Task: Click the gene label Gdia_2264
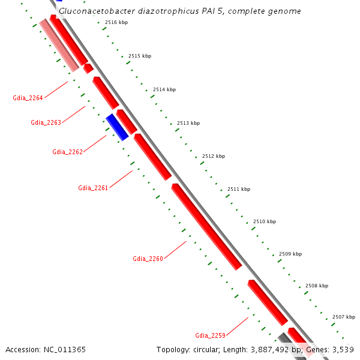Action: [x=28, y=98]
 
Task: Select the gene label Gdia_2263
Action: [x=46, y=122]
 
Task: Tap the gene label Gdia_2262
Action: [x=67, y=152]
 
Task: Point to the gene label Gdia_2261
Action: [x=93, y=188]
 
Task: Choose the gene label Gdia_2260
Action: [x=148, y=259]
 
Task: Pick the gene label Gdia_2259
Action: [x=210, y=335]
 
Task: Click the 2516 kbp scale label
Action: [x=116, y=22]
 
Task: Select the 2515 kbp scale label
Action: [x=140, y=56]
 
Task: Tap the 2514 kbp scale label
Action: [x=164, y=89]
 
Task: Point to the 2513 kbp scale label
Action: [x=188, y=123]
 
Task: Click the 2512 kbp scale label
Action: [x=214, y=156]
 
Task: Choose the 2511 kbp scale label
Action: [x=239, y=189]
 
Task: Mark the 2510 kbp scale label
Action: [x=265, y=221]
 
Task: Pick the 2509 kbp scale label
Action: [x=290, y=254]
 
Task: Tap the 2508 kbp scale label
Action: [x=317, y=286]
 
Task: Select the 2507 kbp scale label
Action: [x=344, y=317]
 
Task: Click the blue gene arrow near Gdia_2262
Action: [x=117, y=127]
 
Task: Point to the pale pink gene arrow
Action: [x=58, y=44]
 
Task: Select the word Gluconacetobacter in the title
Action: [x=94, y=11]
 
